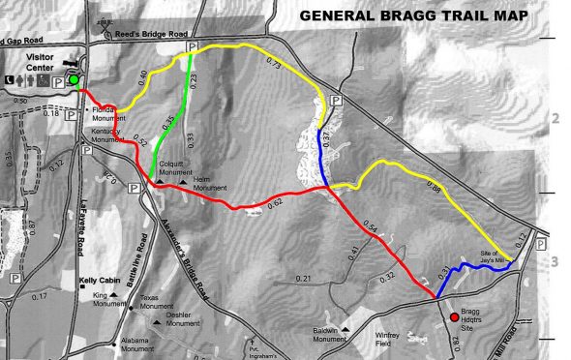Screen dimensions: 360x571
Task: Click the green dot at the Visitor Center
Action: click(74, 78)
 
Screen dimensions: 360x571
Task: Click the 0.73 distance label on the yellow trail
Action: click(272, 64)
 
